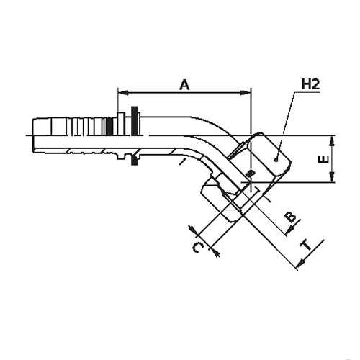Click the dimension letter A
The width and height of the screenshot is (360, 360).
pyautogui.click(x=184, y=85)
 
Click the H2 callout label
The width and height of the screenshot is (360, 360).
pyautogui.click(x=310, y=84)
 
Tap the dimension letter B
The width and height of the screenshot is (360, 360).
pyautogui.click(x=292, y=217)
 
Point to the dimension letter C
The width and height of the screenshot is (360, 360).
pyautogui.click(x=199, y=248)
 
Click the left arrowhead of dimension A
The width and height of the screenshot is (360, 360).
pyautogui.click(x=122, y=93)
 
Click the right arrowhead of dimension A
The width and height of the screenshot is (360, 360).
pyautogui.click(x=246, y=93)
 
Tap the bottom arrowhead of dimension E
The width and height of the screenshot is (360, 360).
pyautogui.click(x=332, y=177)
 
